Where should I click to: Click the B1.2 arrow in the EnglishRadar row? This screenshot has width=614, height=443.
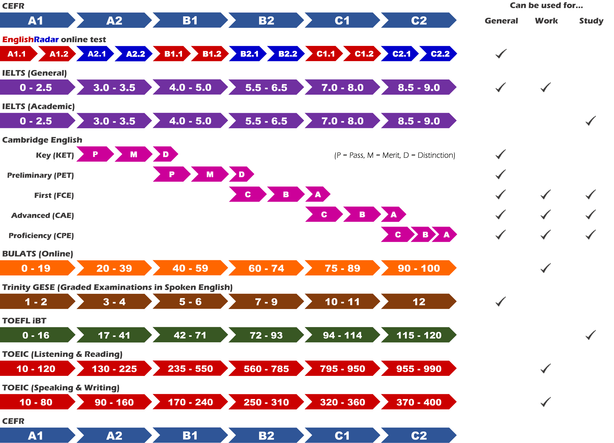211,54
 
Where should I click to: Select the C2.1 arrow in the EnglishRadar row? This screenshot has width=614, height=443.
401,54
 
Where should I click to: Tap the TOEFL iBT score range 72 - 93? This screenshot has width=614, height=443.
266,335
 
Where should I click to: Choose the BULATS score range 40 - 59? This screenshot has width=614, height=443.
190,268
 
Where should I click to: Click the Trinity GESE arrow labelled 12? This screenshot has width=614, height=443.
419,302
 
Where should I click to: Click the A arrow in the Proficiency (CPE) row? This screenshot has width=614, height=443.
445,234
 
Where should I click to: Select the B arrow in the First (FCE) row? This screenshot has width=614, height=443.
286,194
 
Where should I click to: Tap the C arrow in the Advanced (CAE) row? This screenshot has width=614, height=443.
324,214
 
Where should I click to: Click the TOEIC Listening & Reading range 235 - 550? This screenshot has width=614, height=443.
190,368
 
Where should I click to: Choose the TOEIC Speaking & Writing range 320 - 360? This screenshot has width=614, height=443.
342,402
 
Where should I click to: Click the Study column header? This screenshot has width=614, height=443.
591,21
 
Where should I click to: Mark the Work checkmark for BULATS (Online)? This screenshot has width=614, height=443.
545,268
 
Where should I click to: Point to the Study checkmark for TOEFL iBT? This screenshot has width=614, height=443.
590,335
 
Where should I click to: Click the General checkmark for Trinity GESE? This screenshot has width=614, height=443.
501,301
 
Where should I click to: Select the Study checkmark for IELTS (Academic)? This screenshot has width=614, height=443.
590,121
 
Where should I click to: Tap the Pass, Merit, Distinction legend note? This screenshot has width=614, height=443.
395,155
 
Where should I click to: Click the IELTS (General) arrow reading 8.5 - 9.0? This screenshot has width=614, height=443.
419,87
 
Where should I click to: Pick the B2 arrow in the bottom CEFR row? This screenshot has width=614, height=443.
266,435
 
